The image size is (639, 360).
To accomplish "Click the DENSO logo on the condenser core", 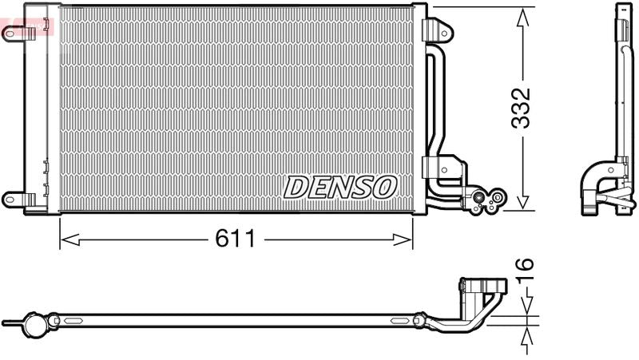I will pos(340,187).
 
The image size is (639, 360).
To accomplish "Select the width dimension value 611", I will pos(235,239).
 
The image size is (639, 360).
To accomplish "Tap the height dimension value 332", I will pos(522,109).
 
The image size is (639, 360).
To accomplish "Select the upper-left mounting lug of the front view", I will pos(15,33).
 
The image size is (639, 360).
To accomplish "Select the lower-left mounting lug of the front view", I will pos(15,198).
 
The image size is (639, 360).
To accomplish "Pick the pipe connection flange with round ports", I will pos(487,200).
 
